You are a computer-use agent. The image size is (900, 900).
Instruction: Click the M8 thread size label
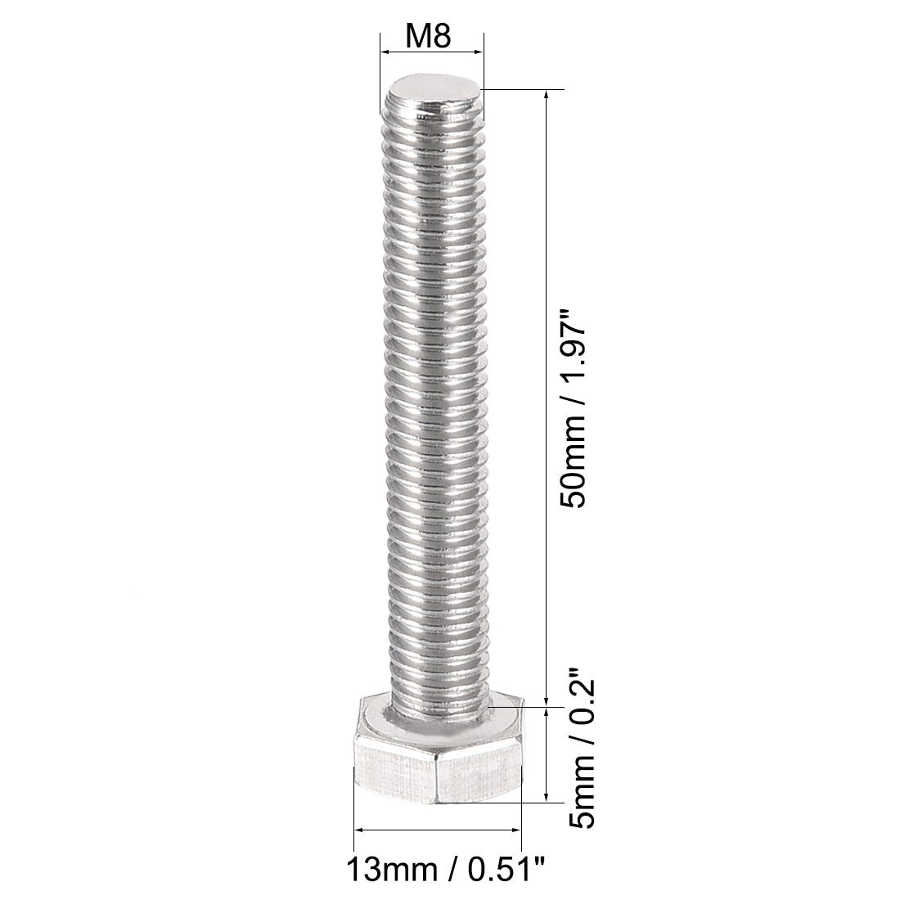point(430,36)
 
